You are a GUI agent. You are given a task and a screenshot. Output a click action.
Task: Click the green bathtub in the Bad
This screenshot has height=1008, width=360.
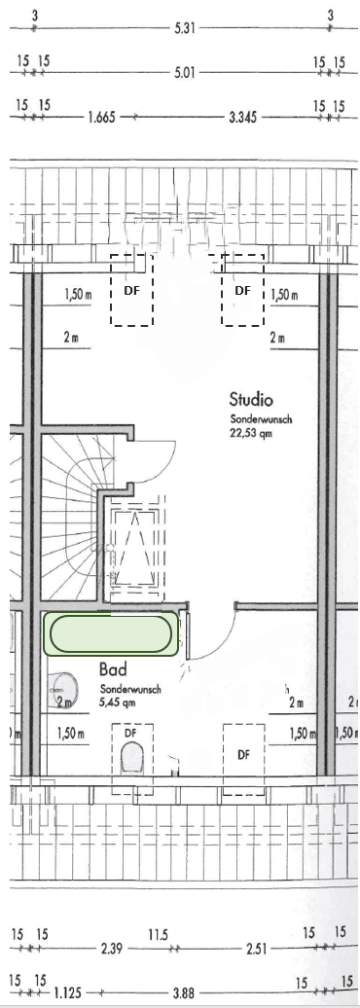[x=111, y=633]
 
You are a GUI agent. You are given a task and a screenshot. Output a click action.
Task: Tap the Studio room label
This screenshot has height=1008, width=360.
[x=251, y=400]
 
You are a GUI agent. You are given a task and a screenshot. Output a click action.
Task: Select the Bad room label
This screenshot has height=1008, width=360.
[x=113, y=669]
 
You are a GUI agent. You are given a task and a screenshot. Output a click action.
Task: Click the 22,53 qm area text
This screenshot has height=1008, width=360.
[x=251, y=433]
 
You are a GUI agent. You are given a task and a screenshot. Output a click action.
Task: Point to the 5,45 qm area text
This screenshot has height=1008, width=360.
[x=118, y=702]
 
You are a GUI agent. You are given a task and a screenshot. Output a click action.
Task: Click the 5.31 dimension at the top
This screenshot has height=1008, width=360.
[x=184, y=29]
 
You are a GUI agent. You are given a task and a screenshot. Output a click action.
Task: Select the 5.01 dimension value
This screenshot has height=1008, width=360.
[x=184, y=73]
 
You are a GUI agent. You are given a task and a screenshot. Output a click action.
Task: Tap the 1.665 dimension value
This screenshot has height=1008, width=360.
[x=101, y=118]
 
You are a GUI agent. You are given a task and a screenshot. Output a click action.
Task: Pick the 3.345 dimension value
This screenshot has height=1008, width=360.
[x=243, y=118]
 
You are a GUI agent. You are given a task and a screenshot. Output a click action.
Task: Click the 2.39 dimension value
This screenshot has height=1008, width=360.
[x=112, y=949]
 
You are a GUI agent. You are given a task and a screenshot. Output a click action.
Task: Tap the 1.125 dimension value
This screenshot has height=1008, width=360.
[x=67, y=993]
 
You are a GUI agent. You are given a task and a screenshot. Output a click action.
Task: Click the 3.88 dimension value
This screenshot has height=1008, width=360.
[x=183, y=993]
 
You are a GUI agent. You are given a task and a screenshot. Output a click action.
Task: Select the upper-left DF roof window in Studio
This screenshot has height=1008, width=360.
[x=131, y=290]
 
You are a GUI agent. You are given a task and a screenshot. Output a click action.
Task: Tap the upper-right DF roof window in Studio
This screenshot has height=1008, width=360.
[x=242, y=290]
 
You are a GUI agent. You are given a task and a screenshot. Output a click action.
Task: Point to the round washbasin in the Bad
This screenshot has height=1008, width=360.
[x=62, y=690]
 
